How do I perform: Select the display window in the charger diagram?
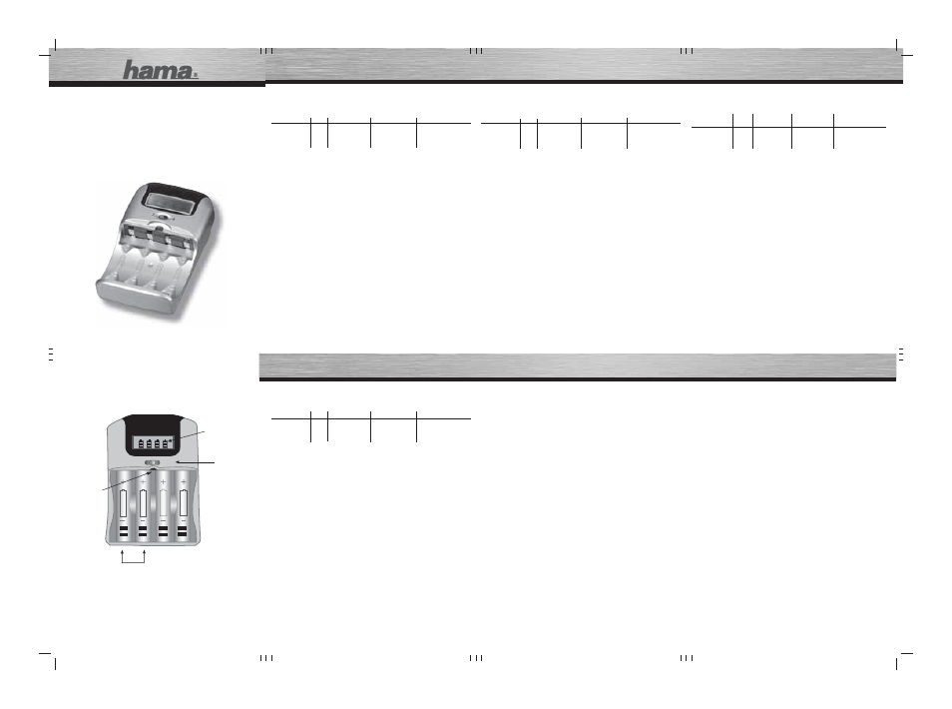153,443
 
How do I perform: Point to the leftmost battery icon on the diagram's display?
141,443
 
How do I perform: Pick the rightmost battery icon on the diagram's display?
165,443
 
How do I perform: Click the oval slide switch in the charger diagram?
153,463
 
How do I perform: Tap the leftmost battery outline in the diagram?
124,502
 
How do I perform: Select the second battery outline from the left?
144,502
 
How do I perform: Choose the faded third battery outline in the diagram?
164,502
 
